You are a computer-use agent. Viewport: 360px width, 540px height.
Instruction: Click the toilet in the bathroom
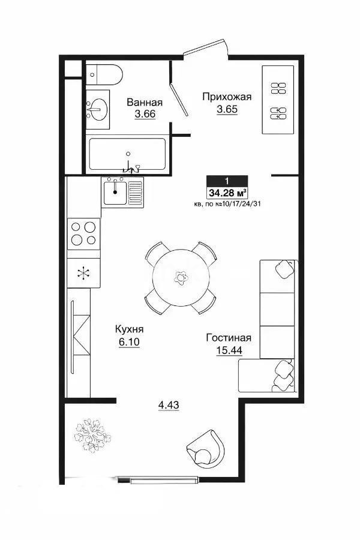105,74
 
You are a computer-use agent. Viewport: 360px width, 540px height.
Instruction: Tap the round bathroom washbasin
98,109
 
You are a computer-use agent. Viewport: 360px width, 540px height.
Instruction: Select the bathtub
127,155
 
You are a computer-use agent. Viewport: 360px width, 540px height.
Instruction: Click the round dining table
180,277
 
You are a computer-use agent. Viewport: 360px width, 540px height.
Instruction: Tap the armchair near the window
207,445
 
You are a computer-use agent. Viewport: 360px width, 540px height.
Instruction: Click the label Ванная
144,102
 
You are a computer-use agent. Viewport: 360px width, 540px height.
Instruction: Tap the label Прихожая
226,97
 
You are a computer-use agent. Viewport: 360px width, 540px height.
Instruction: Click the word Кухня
130,329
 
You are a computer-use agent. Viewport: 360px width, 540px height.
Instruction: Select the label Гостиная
229,337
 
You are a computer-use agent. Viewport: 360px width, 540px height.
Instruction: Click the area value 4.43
169,405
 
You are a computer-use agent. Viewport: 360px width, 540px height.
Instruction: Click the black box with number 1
226,181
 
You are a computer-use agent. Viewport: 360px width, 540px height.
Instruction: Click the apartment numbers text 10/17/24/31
242,204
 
